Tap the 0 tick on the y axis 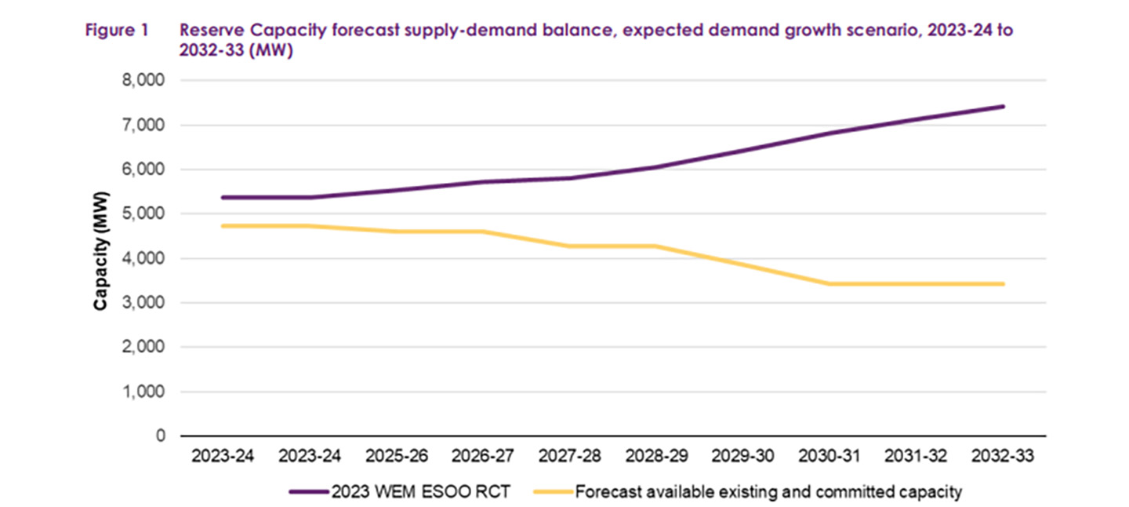pyautogui.click(x=159, y=436)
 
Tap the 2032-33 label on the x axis pyautogui.click(x=1002, y=456)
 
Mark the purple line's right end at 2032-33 pyautogui.click(x=1003, y=107)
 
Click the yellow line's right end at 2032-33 pyautogui.click(x=1003, y=284)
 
